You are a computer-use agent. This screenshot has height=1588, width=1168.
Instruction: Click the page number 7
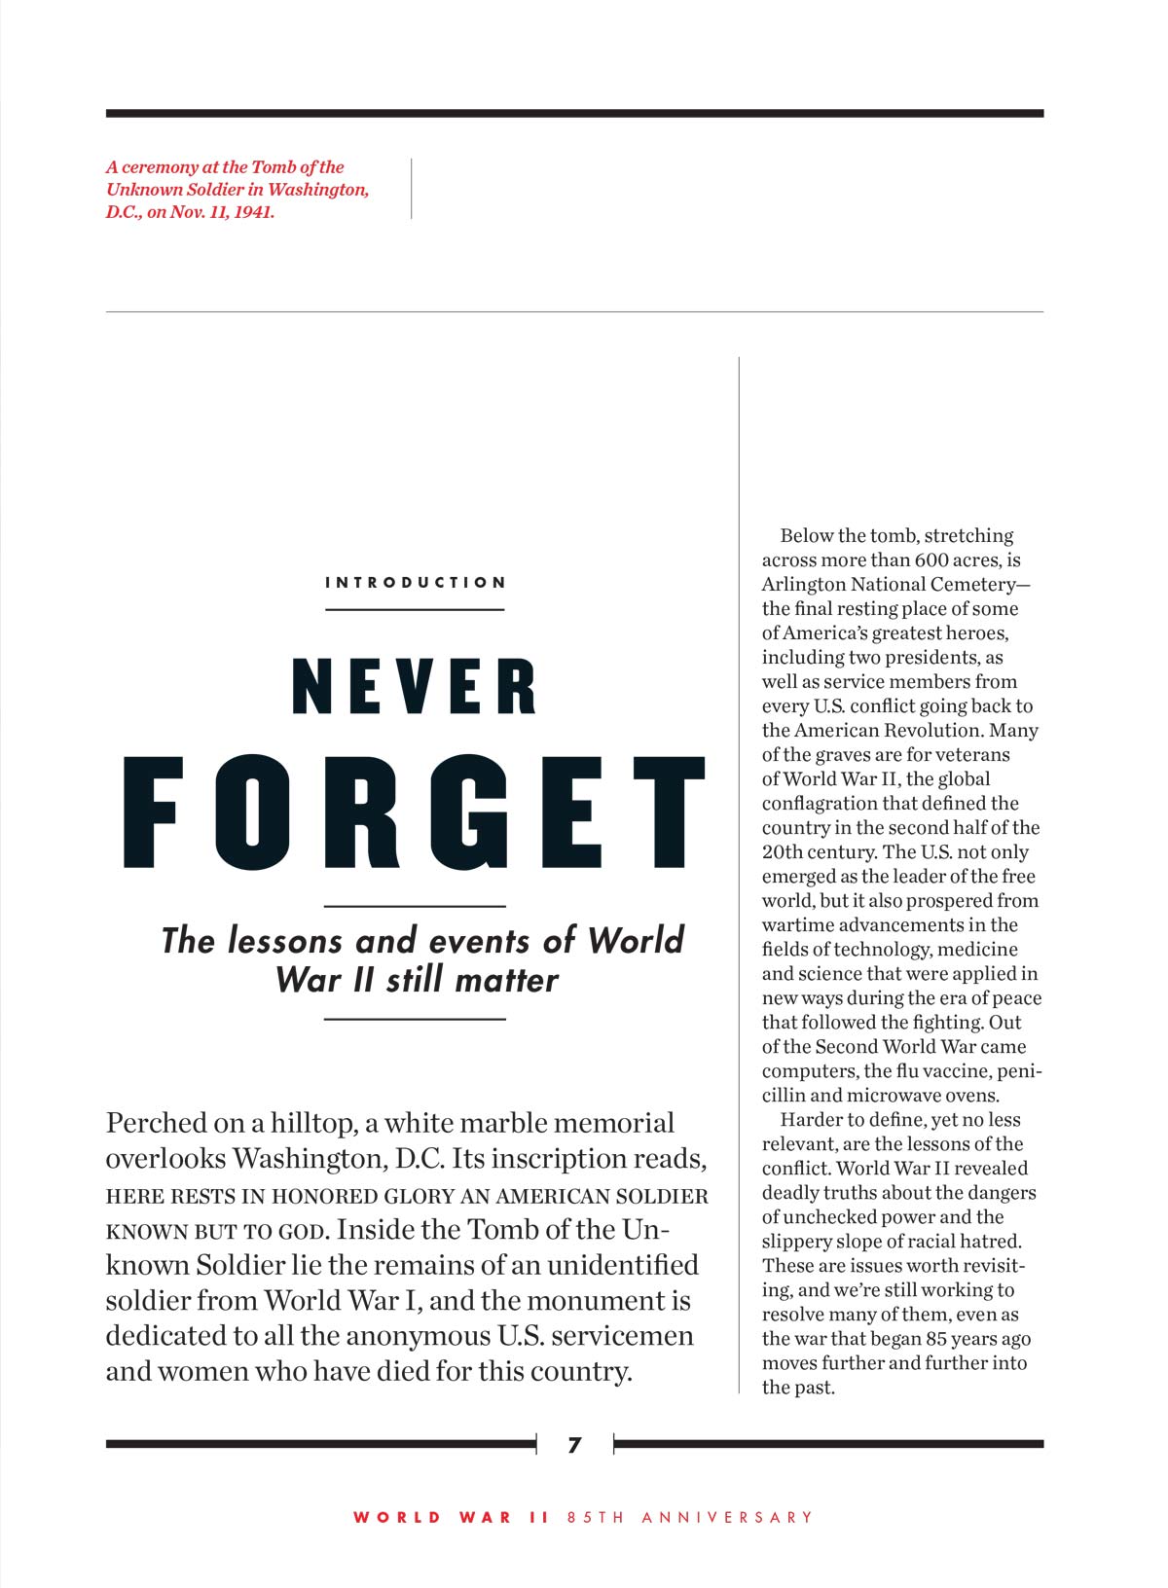(x=574, y=1445)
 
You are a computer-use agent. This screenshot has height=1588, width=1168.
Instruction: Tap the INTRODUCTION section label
(x=416, y=583)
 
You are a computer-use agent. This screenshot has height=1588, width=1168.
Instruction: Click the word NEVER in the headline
(x=415, y=687)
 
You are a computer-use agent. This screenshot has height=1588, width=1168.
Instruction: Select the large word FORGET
(x=415, y=813)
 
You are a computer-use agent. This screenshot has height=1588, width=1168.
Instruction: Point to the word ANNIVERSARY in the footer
(x=727, y=1517)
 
